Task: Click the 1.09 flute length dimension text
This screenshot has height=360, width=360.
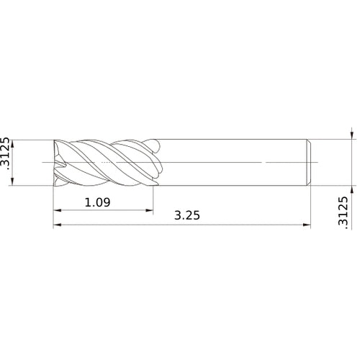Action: [x=97, y=202]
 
